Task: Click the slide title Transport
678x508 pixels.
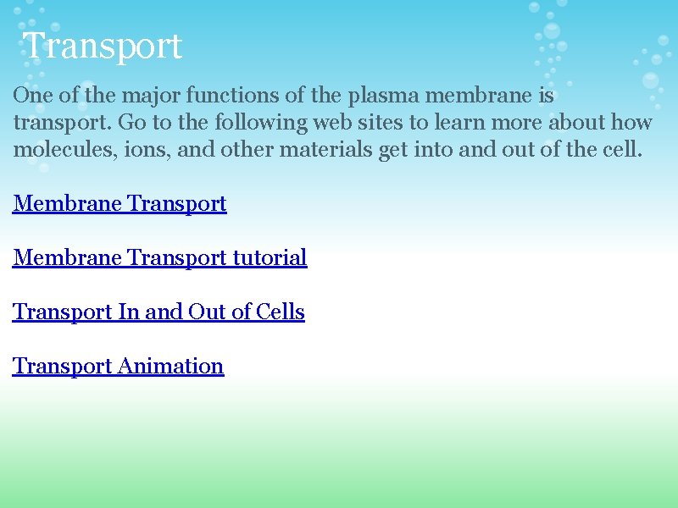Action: tap(102, 46)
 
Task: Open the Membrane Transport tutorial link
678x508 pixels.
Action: tap(159, 257)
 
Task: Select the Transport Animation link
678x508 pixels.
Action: tap(118, 366)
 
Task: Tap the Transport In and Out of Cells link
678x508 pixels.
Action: tap(158, 312)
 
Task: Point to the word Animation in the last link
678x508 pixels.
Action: tap(171, 366)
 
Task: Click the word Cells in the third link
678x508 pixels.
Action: tap(281, 312)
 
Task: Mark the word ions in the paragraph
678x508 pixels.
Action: tap(124, 150)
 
